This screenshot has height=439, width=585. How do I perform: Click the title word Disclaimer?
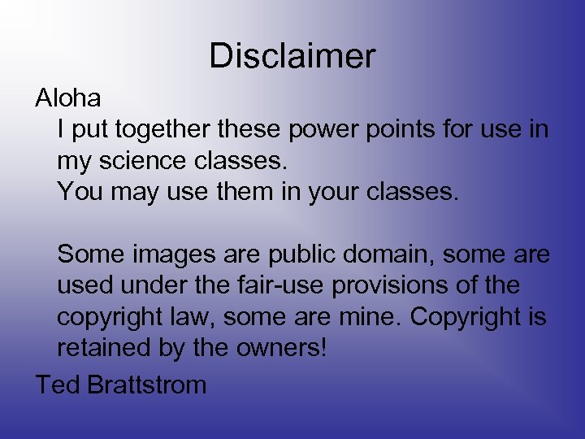pyautogui.click(x=292, y=56)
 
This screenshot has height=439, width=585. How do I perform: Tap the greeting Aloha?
pyautogui.click(x=68, y=99)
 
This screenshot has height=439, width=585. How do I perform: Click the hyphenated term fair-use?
pyautogui.click(x=290, y=285)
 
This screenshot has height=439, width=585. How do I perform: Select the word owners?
pyautogui.click(x=281, y=348)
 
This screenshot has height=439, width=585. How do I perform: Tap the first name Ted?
pyautogui.click(x=56, y=384)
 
